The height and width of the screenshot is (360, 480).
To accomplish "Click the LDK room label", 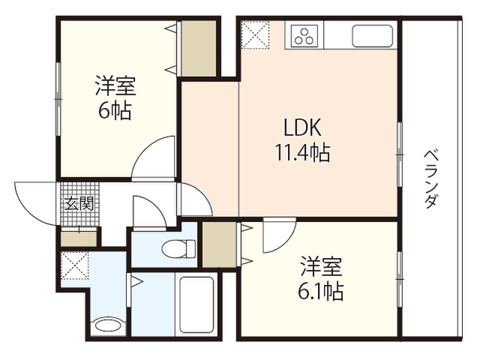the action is [x=302, y=127].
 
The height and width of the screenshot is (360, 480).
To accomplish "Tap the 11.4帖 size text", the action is [x=302, y=152].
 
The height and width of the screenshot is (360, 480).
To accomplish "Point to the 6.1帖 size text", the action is [x=320, y=292].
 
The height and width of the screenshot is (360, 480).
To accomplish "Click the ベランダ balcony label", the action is [x=431, y=179].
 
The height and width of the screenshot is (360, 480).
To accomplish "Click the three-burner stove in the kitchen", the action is [x=304, y=35].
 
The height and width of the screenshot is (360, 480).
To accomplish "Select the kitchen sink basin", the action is [x=372, y=36].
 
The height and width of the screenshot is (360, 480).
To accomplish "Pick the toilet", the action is [x=178, y=248].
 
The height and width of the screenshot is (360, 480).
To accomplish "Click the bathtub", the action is [x=196, y=305].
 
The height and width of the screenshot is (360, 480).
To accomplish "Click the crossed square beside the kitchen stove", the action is [x=255, y=34].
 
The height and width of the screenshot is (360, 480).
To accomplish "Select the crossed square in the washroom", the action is [x=75, y=265].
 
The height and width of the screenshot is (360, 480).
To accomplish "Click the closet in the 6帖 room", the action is [x=199, y=49].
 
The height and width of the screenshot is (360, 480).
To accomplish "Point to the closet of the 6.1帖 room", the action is [x=220, y=244].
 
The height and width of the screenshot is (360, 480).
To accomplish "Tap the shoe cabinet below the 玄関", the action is [x=79, y=238].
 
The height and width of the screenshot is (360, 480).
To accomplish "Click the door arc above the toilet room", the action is [x=157, y=205].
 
